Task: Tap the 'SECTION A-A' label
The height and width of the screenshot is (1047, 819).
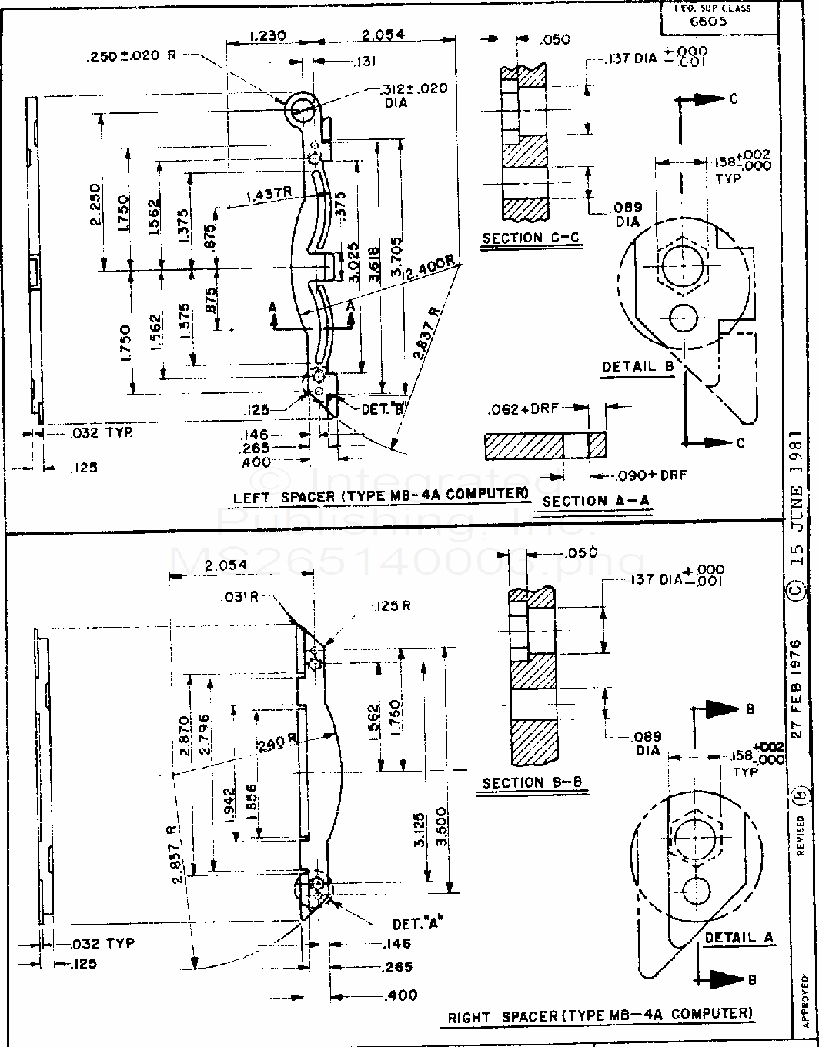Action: [596, 501]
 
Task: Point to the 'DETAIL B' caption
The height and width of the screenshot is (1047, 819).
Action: [638, 367]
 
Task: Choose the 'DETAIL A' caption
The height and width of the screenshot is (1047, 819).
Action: [738, 938]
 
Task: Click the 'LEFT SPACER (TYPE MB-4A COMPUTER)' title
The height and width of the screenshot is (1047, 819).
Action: [381, 496]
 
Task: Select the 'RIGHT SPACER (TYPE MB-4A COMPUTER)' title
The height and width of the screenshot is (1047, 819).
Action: [600, 1015]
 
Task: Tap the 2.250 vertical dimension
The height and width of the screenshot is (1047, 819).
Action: [95, 205]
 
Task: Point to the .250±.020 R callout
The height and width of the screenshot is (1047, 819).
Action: [133, 56]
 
